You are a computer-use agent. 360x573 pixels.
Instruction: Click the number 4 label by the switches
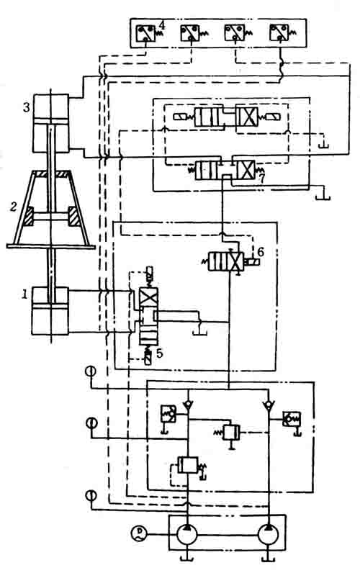(x=162, y=26)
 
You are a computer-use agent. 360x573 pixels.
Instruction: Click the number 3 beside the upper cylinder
(x=27, y=107)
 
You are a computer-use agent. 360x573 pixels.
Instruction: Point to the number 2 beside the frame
(x=14, y=207)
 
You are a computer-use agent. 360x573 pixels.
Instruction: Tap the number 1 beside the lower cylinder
(x=24, y=294)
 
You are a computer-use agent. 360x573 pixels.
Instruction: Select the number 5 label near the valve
(x=159, y=353)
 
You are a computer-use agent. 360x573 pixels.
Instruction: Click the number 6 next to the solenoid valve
(x=260, y=252)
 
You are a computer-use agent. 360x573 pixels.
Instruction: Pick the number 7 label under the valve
(x=261, y=179)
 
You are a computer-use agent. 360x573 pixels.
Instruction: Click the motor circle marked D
(x=138, y=533)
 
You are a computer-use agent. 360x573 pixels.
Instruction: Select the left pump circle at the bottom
(x=186, y=535)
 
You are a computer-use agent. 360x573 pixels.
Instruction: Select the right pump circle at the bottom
(x=269, y=535)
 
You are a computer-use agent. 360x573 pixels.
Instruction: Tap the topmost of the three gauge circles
(x=90, y=371)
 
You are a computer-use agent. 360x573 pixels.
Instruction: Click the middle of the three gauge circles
(x=91, y=423)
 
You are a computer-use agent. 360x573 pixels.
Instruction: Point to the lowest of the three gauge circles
(x=91, y=496)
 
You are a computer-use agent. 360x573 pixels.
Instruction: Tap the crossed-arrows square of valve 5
(x=149, y=297)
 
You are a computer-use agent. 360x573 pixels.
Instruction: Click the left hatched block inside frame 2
(x=27, y=216)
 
